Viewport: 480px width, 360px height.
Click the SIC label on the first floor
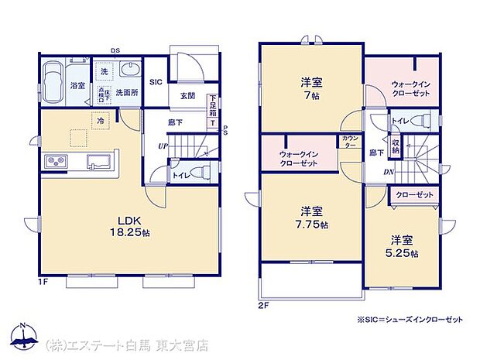tap(155, 81)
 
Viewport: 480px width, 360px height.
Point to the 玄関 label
tap(187, 96)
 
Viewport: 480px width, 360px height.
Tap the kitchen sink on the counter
tap(98, 162)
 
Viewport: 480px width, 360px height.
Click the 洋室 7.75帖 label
tap(311, 218)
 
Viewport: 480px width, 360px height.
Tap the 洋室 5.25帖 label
tap(404, 245)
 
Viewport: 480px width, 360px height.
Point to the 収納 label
tap(396, 146)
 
